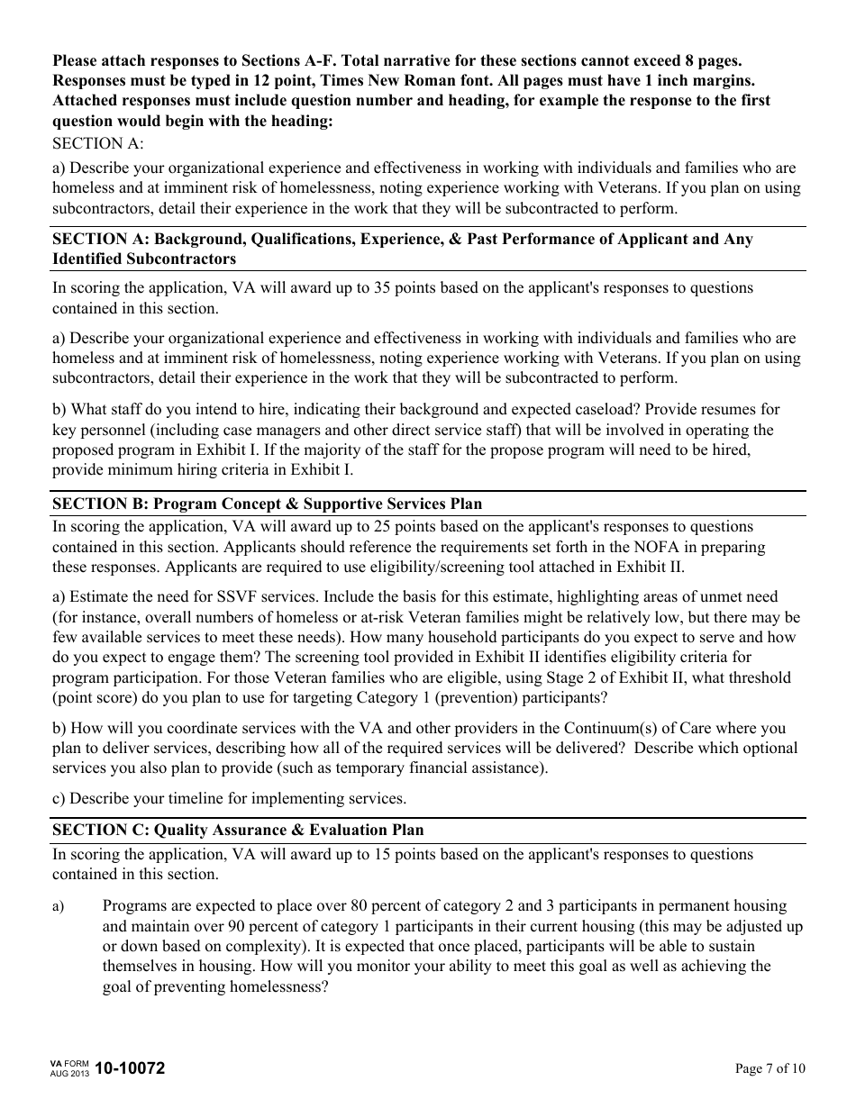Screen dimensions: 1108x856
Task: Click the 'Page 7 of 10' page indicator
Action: [x=769, y=1069]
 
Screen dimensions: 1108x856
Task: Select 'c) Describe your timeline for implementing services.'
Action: [x=229, y=798]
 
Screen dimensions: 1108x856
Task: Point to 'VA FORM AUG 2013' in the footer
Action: [x=69, y=1069]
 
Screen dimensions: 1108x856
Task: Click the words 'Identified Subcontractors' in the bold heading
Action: [x=144, y=259]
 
